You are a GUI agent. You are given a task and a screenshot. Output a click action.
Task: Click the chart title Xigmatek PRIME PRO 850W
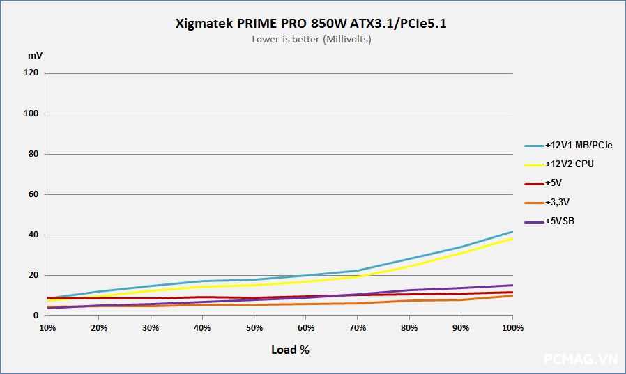312,24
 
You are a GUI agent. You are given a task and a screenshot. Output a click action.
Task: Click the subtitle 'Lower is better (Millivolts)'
312,40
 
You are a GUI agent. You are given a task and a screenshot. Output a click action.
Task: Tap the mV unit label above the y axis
35,55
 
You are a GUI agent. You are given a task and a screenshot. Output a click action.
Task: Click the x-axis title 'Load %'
290,350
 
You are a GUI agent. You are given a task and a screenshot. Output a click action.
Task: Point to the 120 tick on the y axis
31,73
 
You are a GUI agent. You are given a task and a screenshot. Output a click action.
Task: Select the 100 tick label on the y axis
31,114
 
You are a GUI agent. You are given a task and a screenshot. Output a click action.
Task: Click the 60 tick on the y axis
33,194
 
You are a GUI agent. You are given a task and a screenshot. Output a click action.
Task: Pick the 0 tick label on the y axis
36,315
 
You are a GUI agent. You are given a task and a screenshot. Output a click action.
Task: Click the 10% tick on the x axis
47,327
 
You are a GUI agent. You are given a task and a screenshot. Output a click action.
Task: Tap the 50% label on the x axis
254,327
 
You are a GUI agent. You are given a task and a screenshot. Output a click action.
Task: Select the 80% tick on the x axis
409,327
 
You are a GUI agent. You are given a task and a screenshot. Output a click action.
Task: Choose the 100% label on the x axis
512,327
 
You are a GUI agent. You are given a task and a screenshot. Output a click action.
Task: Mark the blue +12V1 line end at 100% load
512,232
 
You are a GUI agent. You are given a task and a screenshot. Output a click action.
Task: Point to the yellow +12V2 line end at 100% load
512,239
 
